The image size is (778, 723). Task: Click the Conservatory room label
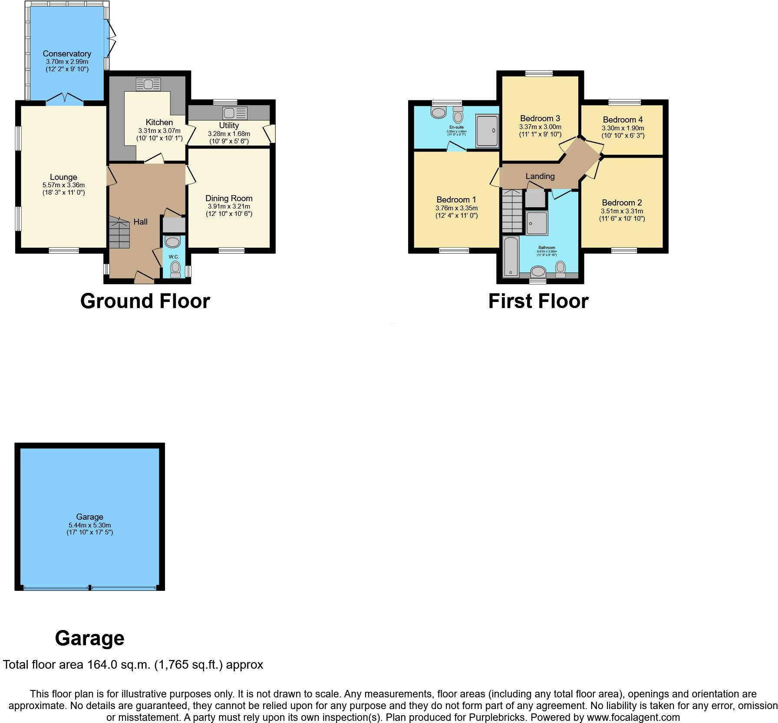pos(67,54)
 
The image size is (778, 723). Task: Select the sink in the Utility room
pos(234,113)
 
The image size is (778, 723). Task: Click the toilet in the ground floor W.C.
pos(175,268)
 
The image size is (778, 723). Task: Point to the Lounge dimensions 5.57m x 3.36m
pos(64,185)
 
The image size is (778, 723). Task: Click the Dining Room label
pos(229,199)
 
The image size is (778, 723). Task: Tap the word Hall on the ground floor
pos(140,222)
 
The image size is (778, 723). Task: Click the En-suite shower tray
pos(487,130)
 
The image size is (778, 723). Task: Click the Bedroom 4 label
pos(623,120)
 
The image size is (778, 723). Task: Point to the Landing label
pos(540,176)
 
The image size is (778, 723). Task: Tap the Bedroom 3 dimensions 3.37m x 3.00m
pos(540,127)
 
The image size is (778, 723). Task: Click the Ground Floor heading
pos(145,301)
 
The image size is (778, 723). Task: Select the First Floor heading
pos(538,301)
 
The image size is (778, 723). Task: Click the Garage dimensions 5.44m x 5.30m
pos(90,525)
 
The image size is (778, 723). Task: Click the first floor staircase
pos(512,211)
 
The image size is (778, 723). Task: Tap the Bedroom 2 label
pos(622,203)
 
